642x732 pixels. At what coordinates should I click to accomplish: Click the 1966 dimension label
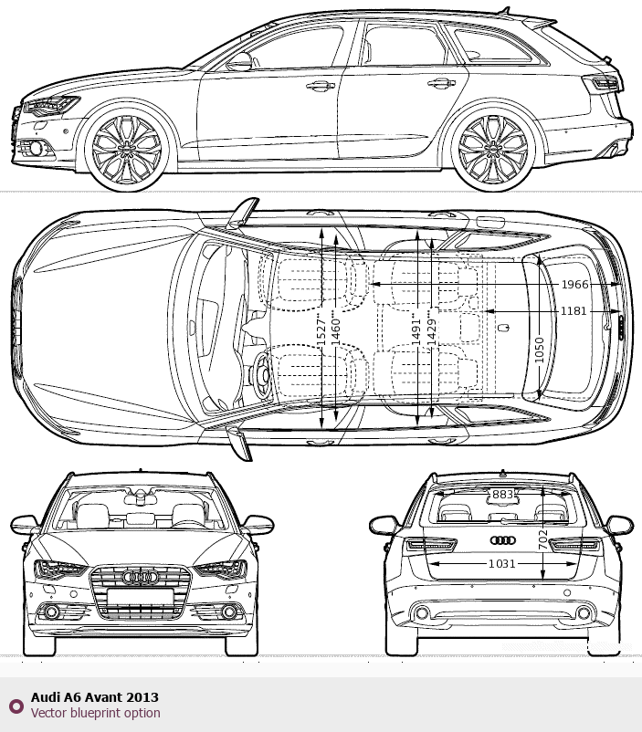click(574, 284)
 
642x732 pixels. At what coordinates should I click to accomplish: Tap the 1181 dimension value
click(573, 311)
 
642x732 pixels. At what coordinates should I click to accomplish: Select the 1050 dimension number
click(539, 350)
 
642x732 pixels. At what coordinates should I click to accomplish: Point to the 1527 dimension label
click(321, 331)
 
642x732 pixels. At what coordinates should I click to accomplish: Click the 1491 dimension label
click(416, 331)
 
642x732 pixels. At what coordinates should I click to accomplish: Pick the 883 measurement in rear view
click(503, 495)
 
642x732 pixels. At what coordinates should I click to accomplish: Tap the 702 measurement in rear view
click(542, 539)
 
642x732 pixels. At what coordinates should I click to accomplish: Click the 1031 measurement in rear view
click(502, 564)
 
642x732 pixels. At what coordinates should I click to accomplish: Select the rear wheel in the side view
click(492, 148)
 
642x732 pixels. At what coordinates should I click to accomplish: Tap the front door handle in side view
click(320, 86)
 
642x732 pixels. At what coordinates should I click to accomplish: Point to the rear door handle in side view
click(442, 84)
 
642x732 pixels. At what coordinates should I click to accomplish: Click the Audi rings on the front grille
click(140, 578)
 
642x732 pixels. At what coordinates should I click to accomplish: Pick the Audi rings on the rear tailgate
click(503, 540)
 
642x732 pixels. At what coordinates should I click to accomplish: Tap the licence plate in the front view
click(140, 596)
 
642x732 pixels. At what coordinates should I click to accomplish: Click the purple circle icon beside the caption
click(16, 706)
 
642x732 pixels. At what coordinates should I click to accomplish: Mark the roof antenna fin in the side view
click(505, 9)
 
